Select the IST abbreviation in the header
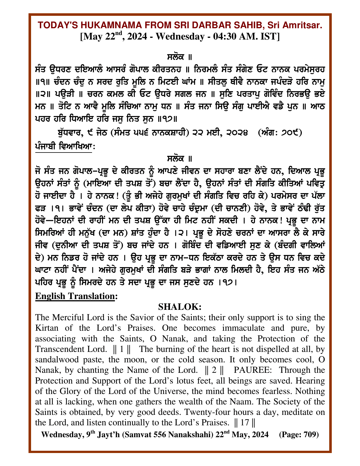click(x=270, y=37)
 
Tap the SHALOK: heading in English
click(x=180, y=307)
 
